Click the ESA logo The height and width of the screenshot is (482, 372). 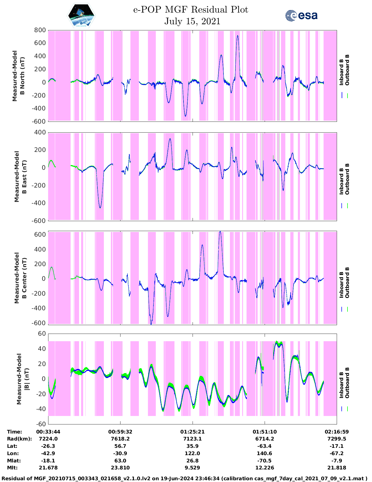tap(301, 15)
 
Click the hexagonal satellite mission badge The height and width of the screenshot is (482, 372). tap(81, 15)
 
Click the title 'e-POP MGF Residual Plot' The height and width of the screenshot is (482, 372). tap(191, 10)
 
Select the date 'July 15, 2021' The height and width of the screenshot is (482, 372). tap(192, 21)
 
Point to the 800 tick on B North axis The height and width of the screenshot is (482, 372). tap(40, 30)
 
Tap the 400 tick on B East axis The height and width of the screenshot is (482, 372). tap(40, 132)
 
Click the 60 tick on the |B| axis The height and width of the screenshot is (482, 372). tap(42, 334)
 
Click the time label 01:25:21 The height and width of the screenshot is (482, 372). tap(192, 432)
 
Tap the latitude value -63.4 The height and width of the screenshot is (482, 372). tap(264, 446)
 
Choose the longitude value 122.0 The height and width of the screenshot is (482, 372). tap(192, 453)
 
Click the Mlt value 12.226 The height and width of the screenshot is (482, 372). tap(264, 468)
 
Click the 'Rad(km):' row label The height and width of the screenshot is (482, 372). tap(19, 439)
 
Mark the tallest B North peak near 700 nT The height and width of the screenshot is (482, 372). tap(238, 36)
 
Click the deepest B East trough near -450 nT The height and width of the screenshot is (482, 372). tap(100, 207)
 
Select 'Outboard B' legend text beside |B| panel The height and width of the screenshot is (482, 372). tap(347, 383)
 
